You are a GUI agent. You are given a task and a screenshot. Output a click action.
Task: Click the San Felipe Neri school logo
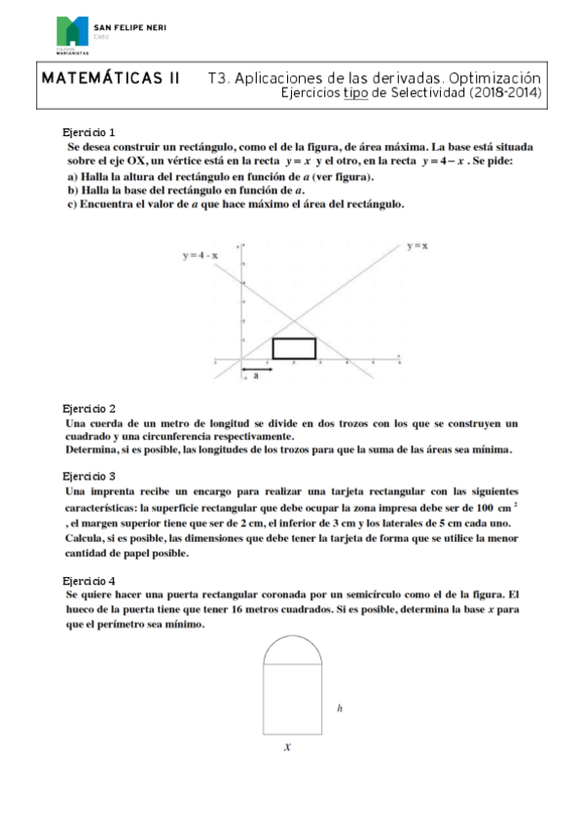tap(73, 33)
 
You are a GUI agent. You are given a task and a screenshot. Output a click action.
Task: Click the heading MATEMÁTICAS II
tap(109, 77)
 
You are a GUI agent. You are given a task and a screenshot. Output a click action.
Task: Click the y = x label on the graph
tap(418, 247)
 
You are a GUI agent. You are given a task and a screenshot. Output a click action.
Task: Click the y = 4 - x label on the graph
tap(200, 256)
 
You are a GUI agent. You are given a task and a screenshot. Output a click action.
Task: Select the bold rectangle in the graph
tap(294, 348)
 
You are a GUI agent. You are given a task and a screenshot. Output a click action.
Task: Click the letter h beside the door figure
tap(339, 709)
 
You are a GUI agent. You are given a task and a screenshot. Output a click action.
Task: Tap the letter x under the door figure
tap(288, 747)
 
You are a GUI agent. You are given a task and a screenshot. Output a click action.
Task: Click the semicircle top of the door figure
tap(293, 647)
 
